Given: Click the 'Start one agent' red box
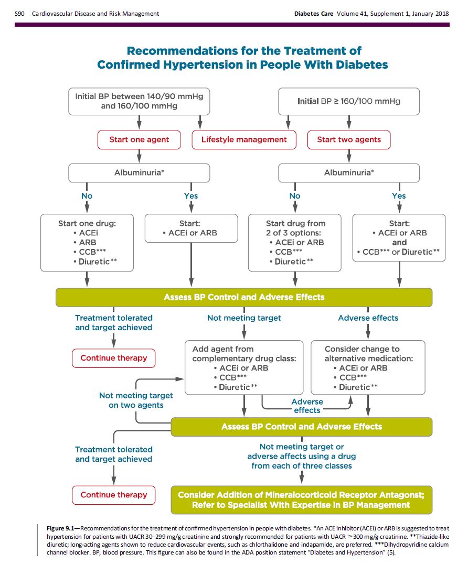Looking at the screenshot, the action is pyautogui.click(x=139, y=140).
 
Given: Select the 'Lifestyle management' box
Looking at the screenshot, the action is pyautogui.click(x=244, y=140).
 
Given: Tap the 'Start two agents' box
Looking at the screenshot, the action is pyautogui.click(x=349, y=140).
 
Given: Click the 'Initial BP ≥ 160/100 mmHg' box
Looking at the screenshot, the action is pyautogui.click(x=349, y=102).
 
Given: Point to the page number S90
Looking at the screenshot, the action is pyautogui.click(x=19, y=14).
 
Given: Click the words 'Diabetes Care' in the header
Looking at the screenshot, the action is pyautogui.click(x=314, y=14).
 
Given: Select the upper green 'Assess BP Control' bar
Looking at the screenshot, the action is pyautogui.click(x=244, y=297).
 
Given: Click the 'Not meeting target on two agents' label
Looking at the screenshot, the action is pyautogui.click(x=136, y=400).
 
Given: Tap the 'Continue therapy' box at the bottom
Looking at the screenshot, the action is pyautogui.click(x=114, y=495).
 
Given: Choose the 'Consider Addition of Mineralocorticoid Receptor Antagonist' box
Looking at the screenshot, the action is pyautogui.click(x=301, y=500).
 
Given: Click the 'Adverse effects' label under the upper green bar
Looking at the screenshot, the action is pyautogui.click(x=368, y=318).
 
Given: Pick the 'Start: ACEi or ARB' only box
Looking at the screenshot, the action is pyautogui.click(x=192, y=229).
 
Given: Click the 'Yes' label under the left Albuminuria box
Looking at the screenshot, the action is pyautogui.click(x=191, y=195).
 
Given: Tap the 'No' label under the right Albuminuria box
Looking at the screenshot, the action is pyautogui.click(x=295, y=195).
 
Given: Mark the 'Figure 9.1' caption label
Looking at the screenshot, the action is pyautogui.click(x=60, y=528).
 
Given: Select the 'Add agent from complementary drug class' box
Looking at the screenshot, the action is pyautogui.click(x=244, y=367).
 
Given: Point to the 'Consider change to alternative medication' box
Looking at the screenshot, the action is pyautogui.click(x=368, y=367).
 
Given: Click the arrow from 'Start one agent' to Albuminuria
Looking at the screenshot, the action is pyautogui.click(x=139, y=156).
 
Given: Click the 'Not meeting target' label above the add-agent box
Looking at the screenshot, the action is pyautogui.click(x=244, y=318).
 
